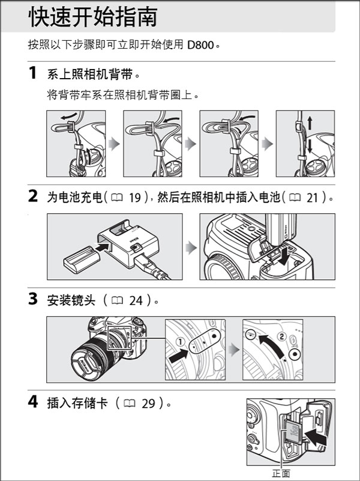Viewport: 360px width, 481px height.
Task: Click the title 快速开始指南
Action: [93, 17]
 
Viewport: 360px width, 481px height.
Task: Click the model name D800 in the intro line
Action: [200, 45]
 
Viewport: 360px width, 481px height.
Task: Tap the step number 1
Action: [33, 73]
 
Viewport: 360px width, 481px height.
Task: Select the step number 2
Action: [33, 196]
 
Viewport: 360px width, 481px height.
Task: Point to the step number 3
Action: [33, 299]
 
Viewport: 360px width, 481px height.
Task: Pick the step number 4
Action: [33, 402]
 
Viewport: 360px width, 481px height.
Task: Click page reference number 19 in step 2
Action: [134, 198]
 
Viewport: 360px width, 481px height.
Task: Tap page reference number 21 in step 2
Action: [313, 198]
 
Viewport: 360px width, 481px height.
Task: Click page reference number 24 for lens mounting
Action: [136, 301]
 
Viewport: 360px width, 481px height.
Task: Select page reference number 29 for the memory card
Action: [148, 404]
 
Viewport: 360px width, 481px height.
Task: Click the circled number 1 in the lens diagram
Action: [181, 342]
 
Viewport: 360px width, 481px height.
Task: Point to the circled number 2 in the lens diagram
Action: [282, 336]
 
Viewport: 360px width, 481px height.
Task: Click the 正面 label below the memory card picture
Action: [281, 473]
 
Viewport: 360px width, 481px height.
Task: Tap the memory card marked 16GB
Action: [293, 432]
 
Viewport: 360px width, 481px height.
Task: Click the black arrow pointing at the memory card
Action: [316, 437]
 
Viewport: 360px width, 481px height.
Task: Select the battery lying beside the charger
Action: [82, 259]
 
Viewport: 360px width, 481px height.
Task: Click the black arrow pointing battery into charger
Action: [103, 246]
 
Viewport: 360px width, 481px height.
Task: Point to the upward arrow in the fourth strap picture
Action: [310, 123]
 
